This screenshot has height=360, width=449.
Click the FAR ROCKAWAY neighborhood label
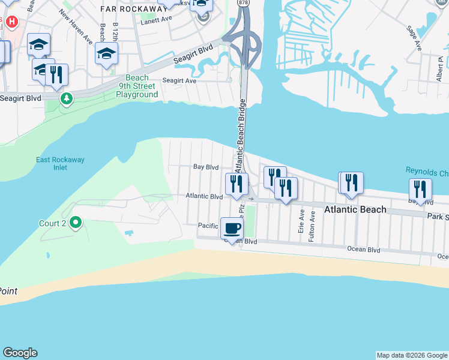click(x=134, y=9)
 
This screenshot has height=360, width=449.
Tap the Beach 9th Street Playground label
click(x=137, y=86)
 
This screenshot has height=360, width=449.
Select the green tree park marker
click(x=66, y=98)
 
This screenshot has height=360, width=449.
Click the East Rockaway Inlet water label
click(x=60, y=163)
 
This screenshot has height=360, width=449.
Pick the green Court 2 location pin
click(x=76, y=223)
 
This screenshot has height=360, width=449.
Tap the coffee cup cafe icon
click(x=232, y=228)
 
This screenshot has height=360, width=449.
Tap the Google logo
click(x=20, y=353)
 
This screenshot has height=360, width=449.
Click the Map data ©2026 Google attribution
click(x=412, y=355)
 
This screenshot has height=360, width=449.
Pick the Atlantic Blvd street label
click(x=204, y=196)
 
